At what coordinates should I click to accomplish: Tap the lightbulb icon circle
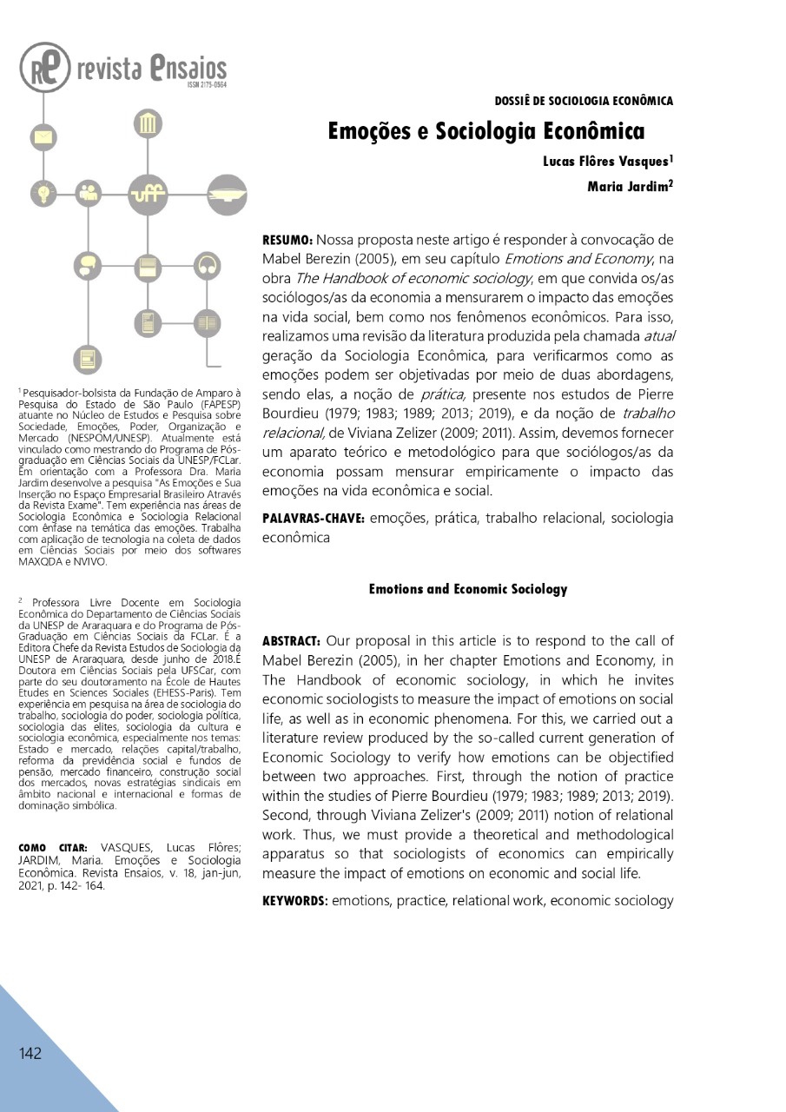click(41, 191)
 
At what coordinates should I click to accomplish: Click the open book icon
click(206, 323)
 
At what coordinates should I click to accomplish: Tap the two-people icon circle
click(88, 191)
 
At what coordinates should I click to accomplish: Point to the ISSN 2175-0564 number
click(206, 86)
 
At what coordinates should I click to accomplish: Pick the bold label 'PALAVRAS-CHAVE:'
click(314, 519)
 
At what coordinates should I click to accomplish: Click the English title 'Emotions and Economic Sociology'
click(467, 589)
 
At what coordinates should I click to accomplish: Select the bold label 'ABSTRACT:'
click(292, 641)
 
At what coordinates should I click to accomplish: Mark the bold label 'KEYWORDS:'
click(294, 901)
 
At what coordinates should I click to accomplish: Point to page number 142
click(30, 1054)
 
